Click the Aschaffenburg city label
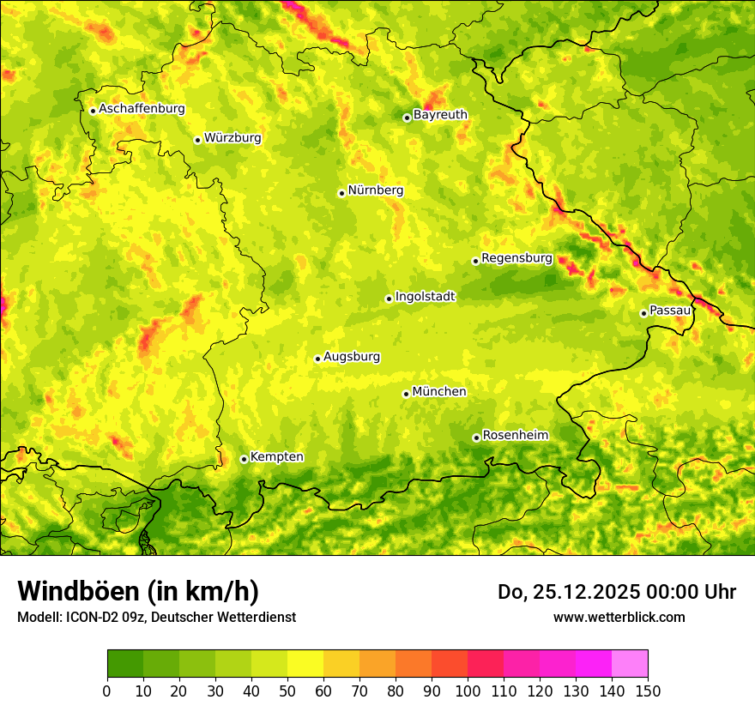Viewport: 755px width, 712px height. (142, 109)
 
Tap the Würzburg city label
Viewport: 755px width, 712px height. (233, 138)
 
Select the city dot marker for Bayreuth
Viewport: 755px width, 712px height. (407, 118)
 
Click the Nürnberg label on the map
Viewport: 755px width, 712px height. (376, 190)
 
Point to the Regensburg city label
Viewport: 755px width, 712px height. (516, 258)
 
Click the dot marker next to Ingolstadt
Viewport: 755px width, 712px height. (389, 299)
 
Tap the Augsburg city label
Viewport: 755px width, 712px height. (352, 357)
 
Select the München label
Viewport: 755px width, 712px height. (439, 392)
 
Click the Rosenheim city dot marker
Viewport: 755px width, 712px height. (476, 437)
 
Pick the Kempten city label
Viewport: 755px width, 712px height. (277, 457)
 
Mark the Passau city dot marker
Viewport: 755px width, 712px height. (643, 313)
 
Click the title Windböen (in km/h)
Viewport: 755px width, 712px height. (138, 591)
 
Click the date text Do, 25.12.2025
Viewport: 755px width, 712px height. (567, 592)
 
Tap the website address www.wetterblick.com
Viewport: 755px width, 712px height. (619, 617)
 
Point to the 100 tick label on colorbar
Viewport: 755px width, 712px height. (467, 691)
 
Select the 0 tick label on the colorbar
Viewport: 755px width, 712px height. (107, 691)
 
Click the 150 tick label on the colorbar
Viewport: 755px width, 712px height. (647, 691)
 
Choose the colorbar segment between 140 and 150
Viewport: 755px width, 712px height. (629, 663)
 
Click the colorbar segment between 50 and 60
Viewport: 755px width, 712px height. (305, 663)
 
